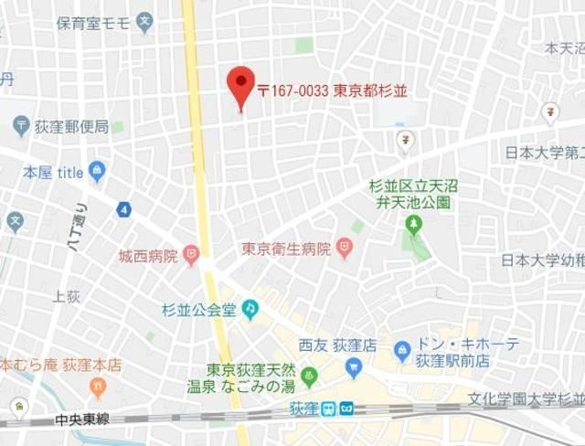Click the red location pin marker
[x=240, y=87]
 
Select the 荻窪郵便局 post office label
[x=72, y=126]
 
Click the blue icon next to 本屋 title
[x=98, y=171]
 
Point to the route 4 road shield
[x=123, y=209]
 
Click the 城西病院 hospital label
[x=148, y=256]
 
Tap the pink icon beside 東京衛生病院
[x=344, y=246]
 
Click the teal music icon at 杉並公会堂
[x=250, y=309]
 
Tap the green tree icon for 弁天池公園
[x=415, y=222]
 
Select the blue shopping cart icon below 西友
[x=354, y=367]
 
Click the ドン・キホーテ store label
[x=468, y=345]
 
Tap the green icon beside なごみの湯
[x=310, y=375]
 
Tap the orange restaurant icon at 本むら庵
[x=136, y=365]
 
